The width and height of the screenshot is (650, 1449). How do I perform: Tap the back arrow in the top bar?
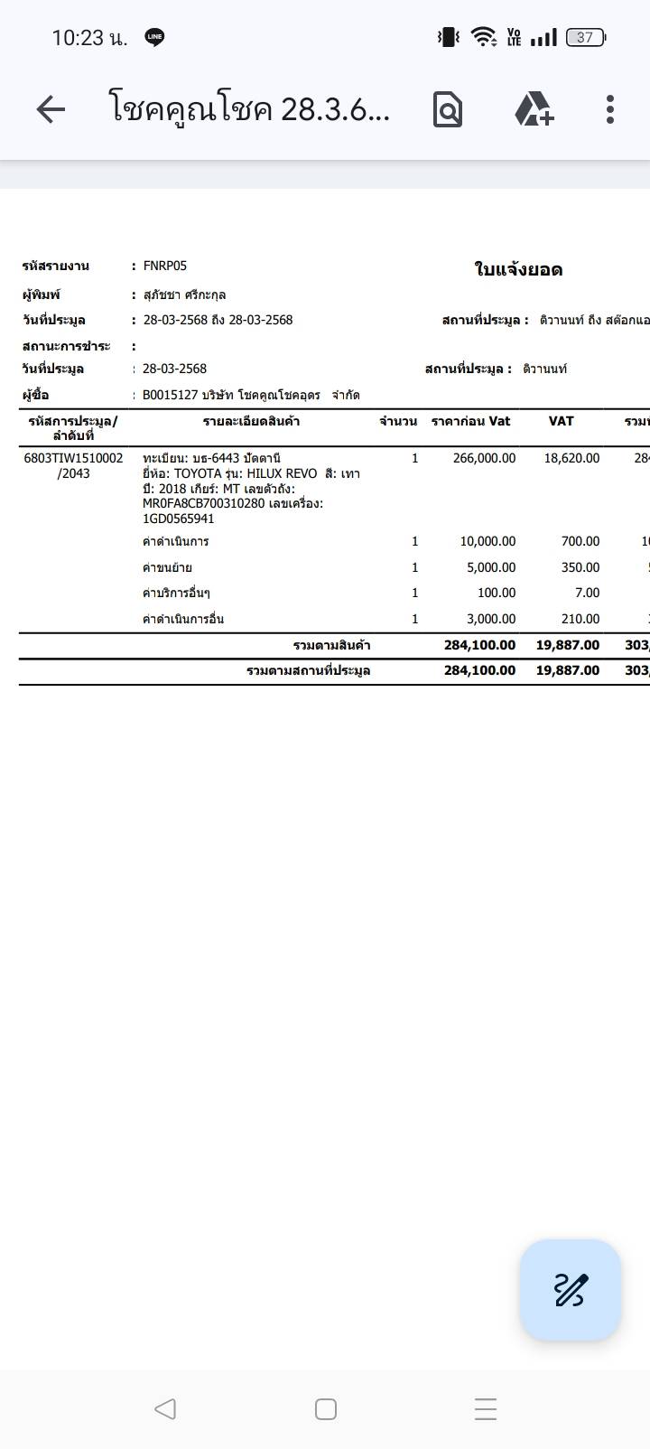click(x=51, y=109)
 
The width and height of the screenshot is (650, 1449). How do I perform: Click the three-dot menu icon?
click(x=610, y=109)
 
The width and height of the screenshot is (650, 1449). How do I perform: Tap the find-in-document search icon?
click(x=447, y=109)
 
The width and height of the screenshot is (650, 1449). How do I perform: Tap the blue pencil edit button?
click(x=570, y=1289)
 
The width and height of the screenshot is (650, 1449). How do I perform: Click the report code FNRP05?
click(x=164, y=266)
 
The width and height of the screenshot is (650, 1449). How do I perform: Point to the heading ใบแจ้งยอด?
click(x=518, y=269)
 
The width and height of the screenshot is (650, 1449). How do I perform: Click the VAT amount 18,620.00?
click(x=571, y=458)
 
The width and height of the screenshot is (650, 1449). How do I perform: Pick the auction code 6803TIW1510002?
click(x=73, y=458)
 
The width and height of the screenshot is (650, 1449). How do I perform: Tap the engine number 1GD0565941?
click(x=178, y=519)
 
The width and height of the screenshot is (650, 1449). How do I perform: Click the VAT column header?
click(x=561, y=421)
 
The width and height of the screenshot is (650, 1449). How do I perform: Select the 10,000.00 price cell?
click(x=487, y=541)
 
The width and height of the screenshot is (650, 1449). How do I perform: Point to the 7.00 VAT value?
click(x=587, y=593)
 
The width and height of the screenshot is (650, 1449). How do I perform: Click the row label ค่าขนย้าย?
click(x=167, y=567)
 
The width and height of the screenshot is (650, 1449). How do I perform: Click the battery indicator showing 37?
click(x=585, y=37)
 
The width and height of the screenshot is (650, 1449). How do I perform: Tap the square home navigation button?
click(x=326, y=1408)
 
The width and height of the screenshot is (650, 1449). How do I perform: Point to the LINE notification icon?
click(x=154, y=37)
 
